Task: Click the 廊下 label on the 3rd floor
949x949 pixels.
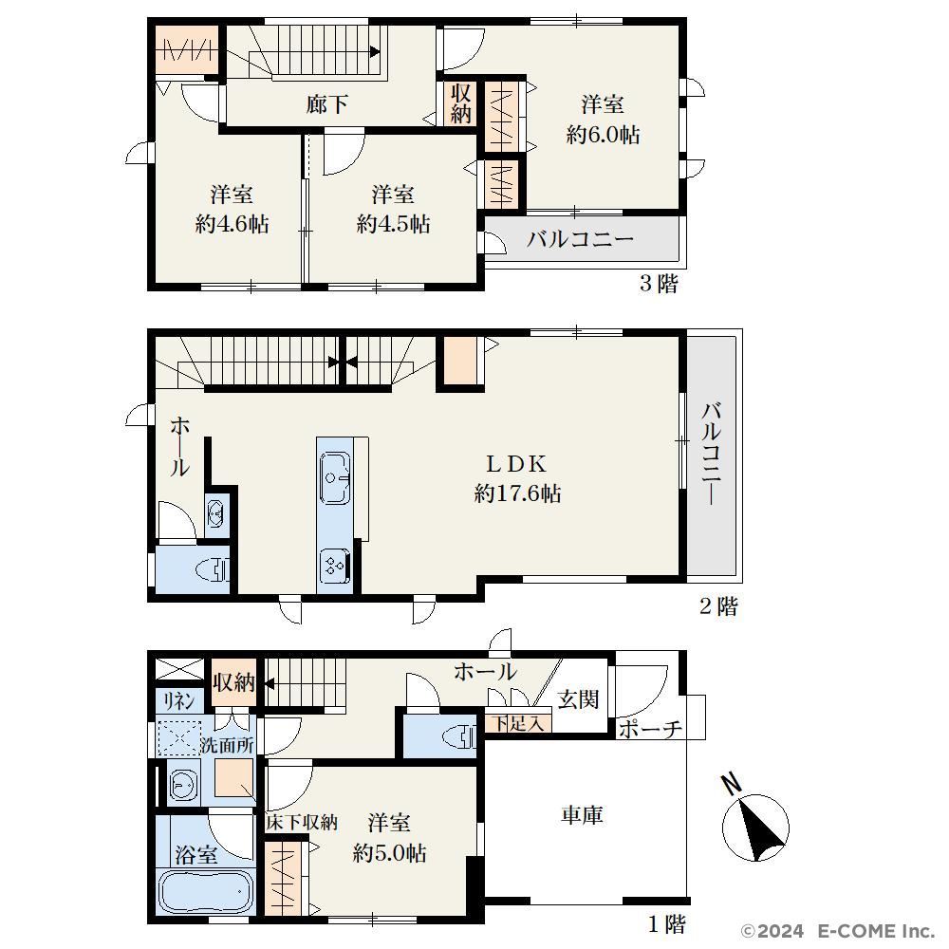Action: click(x=326, y=104)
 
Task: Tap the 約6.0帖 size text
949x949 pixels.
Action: click(x=603, y=135)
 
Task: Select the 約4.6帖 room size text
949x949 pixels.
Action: click(x=232, y=225)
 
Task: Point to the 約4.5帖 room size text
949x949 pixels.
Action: click(x=394, y=225)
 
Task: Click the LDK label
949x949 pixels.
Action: click(x=517, y=464)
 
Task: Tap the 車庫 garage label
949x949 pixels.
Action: click(x=583, y=815)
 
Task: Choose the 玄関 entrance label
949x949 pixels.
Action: click(x=578, y=699)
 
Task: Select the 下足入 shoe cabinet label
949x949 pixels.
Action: click(x=517, y=723)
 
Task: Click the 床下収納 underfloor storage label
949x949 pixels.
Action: click(x=302, y=823)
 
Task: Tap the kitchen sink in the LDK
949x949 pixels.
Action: click(x=335, y=477)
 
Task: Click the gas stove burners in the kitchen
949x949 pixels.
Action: click(x=334, y=566)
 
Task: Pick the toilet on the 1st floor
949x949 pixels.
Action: click(x=460, y=737)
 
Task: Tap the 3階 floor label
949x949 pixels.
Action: click(x=660, y=283)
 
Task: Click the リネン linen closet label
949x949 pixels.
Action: click(x=179, y=701)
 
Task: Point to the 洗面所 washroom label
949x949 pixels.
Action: click(x=227, y=745)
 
